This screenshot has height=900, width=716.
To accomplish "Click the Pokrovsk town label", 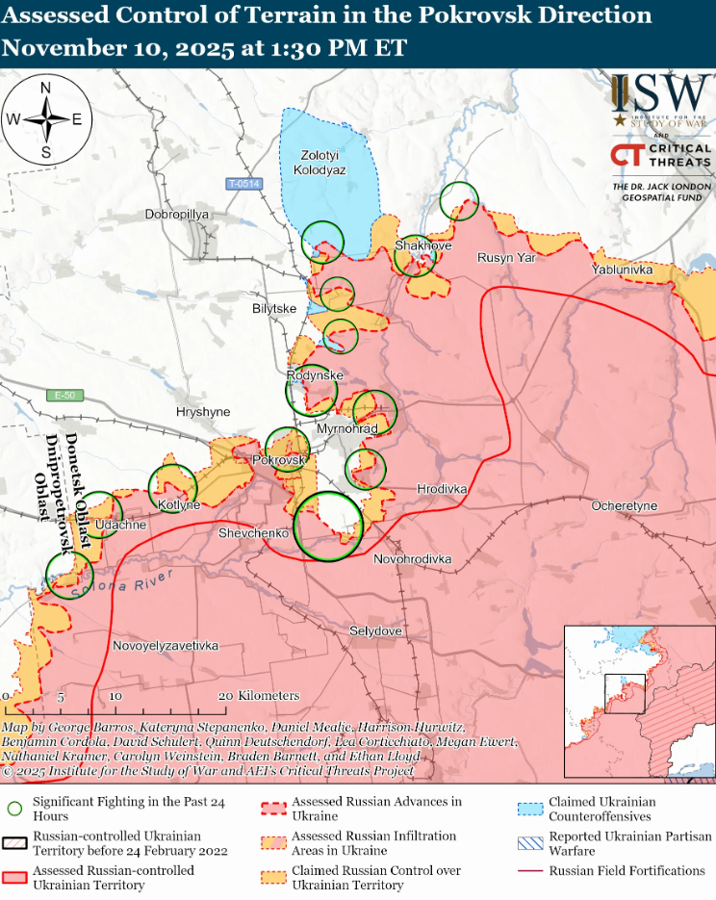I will [x=278, y=461].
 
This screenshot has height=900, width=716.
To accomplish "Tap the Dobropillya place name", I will [x=177, y=215].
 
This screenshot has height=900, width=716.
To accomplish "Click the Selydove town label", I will [x=375, y=630].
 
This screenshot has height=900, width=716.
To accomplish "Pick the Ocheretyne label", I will [x=625, y=505].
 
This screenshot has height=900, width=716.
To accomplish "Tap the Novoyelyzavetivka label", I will [x=166, y=645].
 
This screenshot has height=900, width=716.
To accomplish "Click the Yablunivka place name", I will [x=623, y=270].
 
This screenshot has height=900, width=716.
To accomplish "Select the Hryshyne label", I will [x=203, y=411].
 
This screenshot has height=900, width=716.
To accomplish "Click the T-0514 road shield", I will [x=243, y=184].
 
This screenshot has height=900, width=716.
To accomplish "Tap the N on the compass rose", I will [x=45, y=88].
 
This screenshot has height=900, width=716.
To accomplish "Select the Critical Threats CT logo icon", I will [x=626, y=156].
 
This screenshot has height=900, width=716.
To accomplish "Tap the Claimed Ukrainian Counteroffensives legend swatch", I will [x=528, y=809].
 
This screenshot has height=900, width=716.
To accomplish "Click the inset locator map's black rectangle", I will [x=624, y=694].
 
